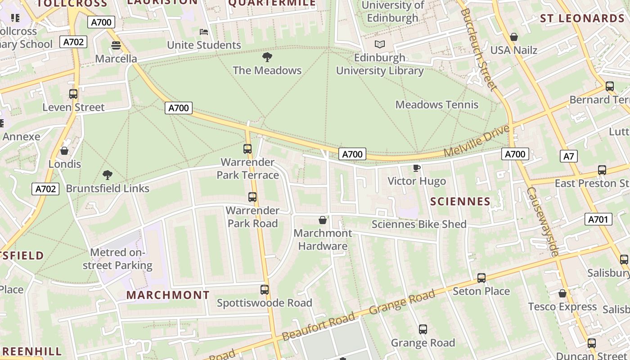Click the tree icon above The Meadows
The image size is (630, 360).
point(267,57)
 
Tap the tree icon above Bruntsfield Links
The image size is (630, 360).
point(107,175)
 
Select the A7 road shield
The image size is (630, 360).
point(569,156)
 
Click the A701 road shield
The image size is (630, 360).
point(598,219)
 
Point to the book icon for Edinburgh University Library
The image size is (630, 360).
point(380,45)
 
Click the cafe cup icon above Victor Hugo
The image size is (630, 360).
point(417,168)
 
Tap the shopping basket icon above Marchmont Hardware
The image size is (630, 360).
point(323,220)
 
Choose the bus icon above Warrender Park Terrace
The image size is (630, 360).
point(247,149)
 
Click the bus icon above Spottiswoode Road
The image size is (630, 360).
point(265,290)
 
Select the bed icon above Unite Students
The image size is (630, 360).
point(204,32)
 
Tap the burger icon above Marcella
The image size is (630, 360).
point(116,45)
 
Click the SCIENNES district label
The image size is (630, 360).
point(460,201)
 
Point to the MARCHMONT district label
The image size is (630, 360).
point(168,295)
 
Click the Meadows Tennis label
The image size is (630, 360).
point(436,104)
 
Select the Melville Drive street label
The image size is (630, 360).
point(477,141)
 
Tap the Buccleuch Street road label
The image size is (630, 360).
point(478,49)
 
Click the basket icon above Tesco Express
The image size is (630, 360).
point(562,294)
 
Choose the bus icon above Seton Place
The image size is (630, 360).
point(481,278)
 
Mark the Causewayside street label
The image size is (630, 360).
point(542,222)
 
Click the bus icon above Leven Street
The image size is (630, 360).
point(73,94)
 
